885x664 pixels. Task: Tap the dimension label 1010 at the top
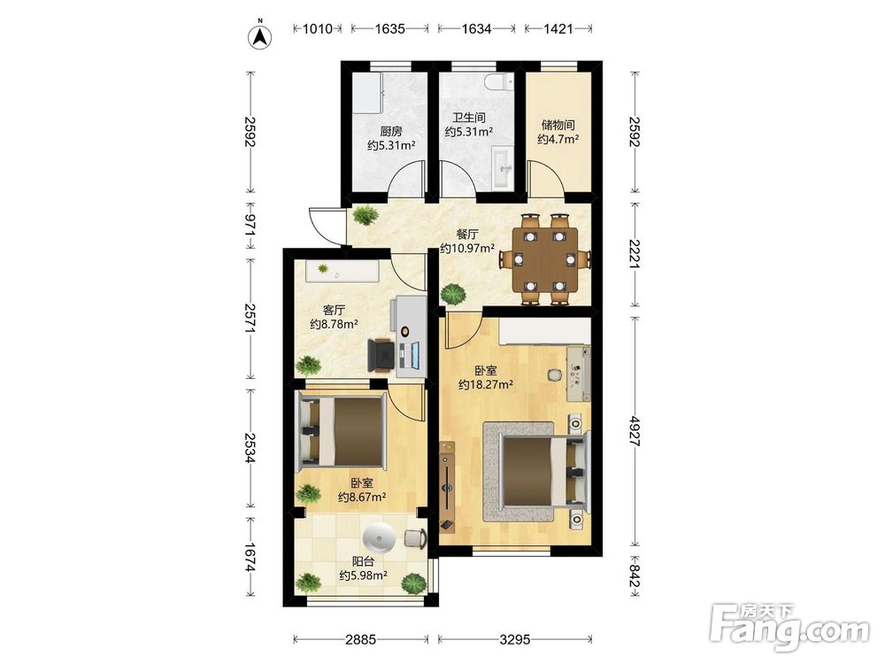[x=318, y=29]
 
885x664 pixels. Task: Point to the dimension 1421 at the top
[x=558, y=29]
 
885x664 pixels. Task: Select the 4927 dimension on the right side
[x=635, y=431]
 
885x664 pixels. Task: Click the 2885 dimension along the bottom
[x=360, y=639]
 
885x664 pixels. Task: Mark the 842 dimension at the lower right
[x=635, y=576]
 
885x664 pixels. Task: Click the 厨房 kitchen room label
[x=391, y=132]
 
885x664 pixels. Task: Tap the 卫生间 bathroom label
[x=468, y=118]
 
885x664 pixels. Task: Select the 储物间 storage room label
[x=558, y=125]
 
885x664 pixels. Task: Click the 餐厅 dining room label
[x=467, y=234]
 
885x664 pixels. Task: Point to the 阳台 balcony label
[x=363, y=562]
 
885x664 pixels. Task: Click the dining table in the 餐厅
[x=544, y=259]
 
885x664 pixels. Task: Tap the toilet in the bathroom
[x=499, y=82]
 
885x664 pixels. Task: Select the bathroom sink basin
[x=502, y=167]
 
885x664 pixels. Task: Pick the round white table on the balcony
[x=381, y=538]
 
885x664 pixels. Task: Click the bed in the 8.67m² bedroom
[x=341, y=432]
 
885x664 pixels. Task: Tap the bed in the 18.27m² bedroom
[x=537, y=472]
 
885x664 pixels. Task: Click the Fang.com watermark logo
[x=789, y=626]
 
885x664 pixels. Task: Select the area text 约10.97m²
[x=467, y=248]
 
